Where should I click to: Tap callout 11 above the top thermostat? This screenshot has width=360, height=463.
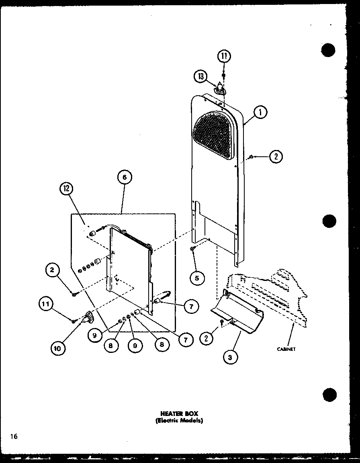(224, 56)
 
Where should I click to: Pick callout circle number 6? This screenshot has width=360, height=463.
(125, 177)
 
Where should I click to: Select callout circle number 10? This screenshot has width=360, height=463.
(57, 348)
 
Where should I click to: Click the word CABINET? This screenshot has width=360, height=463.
(286, 349)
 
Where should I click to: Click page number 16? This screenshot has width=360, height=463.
(14, 436)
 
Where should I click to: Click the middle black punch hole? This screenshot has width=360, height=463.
(329, 221)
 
